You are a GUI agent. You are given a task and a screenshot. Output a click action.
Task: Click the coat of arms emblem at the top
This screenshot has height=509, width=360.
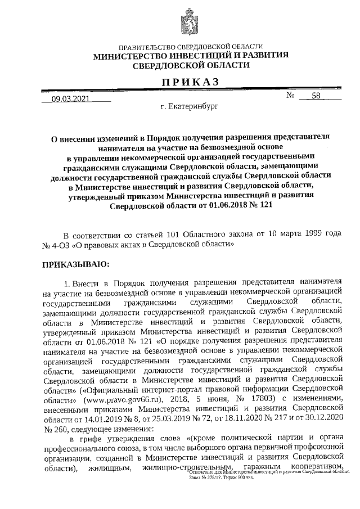pos(190,25)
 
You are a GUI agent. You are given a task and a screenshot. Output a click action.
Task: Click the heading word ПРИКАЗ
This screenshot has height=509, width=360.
pos(191,82)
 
